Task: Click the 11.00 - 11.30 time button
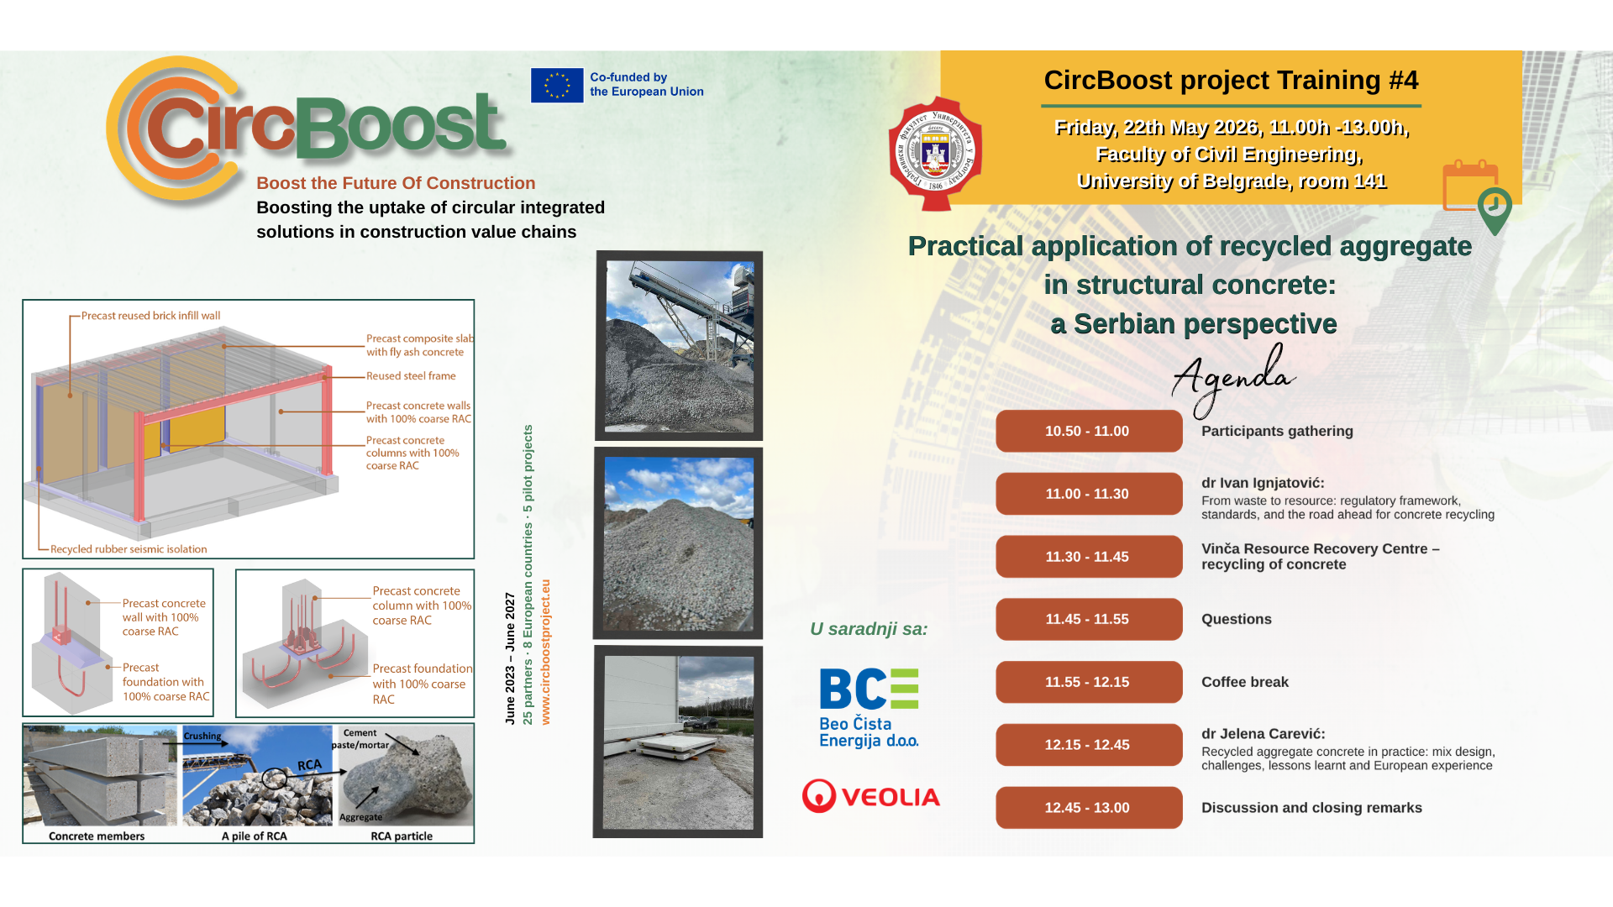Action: click(1089, 494)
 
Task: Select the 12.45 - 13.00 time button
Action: click(1089, 808)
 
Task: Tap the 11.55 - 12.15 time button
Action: click(1089, 682)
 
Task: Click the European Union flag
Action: click(557, 85)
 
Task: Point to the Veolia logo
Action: click(871, 796)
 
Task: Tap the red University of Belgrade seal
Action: click(935, 154)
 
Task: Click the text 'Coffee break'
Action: click(1245, 682)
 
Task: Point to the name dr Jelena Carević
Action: click(1264, 734)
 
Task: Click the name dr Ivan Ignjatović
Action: click(1263, 483)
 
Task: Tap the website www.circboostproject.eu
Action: click(545, 652)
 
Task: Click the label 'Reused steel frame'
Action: click(411, 376)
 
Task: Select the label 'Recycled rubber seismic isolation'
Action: click(129, 549)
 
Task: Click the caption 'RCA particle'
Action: click(402, 836)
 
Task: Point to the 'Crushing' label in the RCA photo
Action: click(202, 736)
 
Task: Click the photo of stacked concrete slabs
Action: click(678, 742)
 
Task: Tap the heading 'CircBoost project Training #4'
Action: click(1231, 80)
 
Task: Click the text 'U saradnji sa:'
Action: click(869, 629)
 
